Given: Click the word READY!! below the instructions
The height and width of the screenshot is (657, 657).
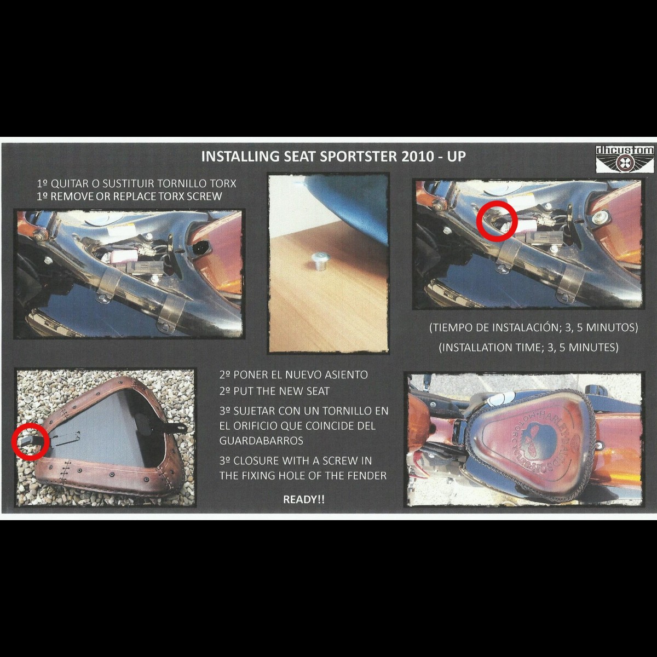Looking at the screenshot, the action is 304,499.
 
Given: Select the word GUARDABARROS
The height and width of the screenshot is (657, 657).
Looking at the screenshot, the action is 261,441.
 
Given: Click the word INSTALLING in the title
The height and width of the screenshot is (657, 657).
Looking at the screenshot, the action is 241,157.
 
